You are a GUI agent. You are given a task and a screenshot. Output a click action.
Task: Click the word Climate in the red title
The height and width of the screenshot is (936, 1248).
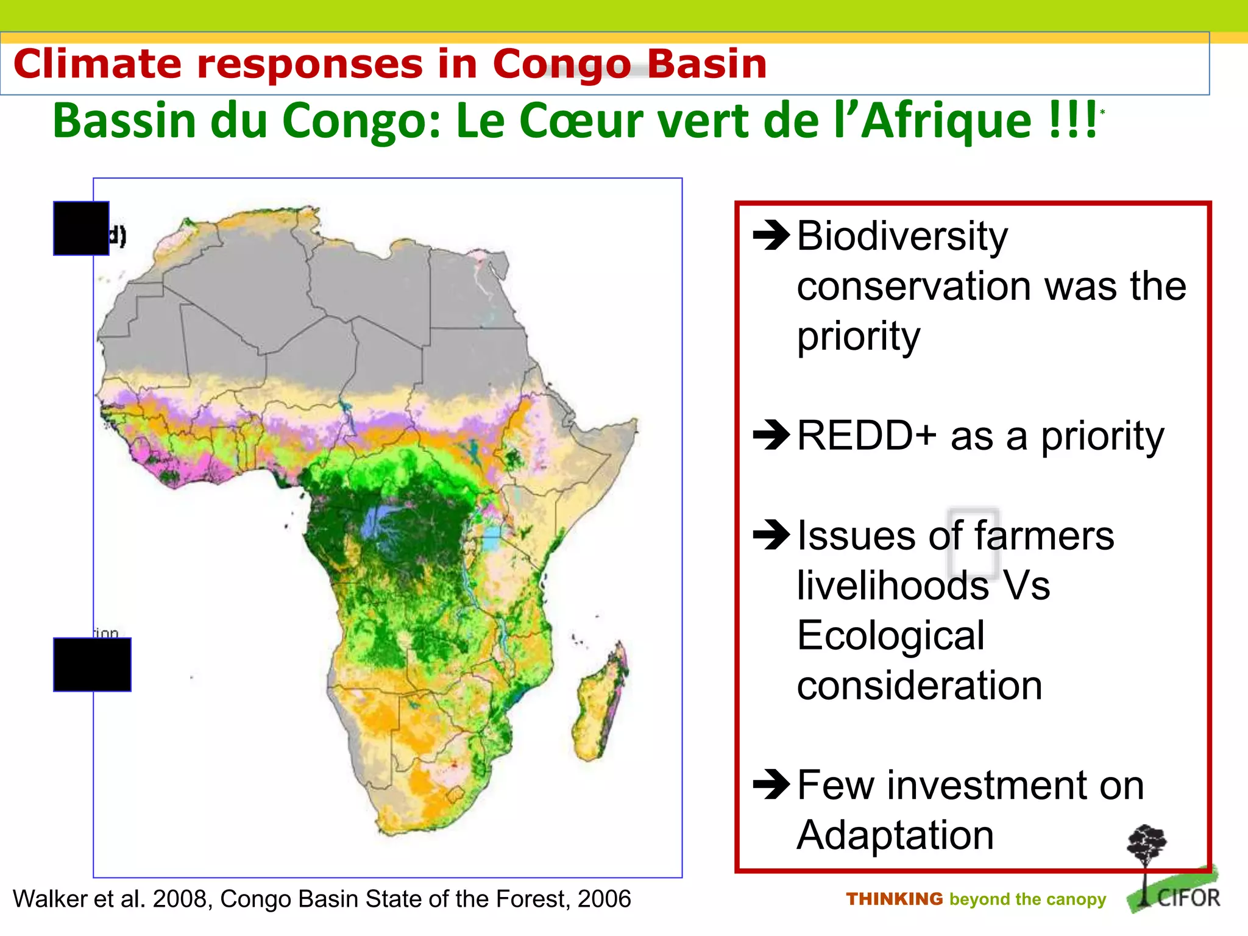click(x=97, y=64)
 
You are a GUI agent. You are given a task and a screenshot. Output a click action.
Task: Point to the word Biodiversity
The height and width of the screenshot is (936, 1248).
click(x=902, y=236)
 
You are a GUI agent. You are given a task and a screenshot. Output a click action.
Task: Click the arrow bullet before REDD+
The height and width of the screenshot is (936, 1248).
click(x=771, y=435)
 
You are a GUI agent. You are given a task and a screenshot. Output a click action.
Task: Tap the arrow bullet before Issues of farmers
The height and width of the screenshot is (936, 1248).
click(x=771, y=535)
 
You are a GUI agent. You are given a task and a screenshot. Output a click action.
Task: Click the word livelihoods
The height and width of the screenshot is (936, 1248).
click(x=893, y=586)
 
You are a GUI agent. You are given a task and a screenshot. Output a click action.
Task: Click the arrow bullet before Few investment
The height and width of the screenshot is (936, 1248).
click(x=771, y=785)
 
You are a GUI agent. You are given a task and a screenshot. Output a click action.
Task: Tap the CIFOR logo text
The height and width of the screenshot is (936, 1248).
click(x=1188, y=898)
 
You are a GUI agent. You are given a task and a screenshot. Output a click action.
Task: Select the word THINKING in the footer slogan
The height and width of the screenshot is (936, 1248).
click(x=894, y=899)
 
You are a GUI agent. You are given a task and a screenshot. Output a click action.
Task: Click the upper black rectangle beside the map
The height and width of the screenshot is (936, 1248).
click(x=81, y=228)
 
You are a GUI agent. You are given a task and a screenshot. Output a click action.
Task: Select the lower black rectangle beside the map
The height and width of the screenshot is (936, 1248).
click(x=92, y=664)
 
